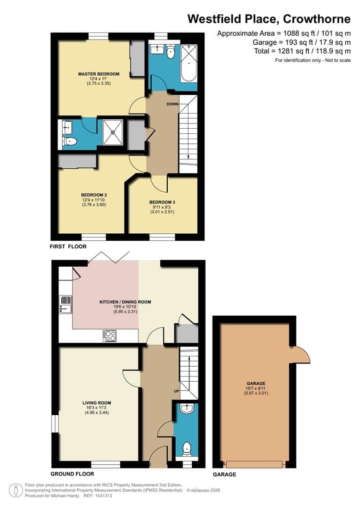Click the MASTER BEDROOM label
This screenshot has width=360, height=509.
point(98,74)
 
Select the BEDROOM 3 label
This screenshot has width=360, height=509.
point(163,202)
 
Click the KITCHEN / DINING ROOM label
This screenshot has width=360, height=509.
point(125,302)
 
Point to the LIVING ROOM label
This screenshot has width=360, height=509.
point(97,403)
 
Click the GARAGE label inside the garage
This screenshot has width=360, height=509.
point(255,384)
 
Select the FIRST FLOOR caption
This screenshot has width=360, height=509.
point(68,246)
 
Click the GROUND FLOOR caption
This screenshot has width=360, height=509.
point(72,474)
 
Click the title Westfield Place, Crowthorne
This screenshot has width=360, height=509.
point(269,19)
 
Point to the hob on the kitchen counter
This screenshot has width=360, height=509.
point(109,336)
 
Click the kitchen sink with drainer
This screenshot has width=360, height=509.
point(65,304)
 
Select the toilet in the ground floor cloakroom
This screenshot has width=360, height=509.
point(187,447)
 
